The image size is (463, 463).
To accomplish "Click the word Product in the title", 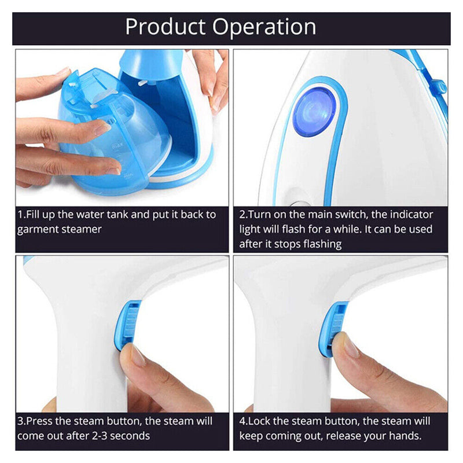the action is point(166,27).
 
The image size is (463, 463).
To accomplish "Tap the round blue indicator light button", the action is point(314,112).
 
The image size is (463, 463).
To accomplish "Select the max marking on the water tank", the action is point(117,146).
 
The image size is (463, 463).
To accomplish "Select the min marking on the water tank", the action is point(128,176).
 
